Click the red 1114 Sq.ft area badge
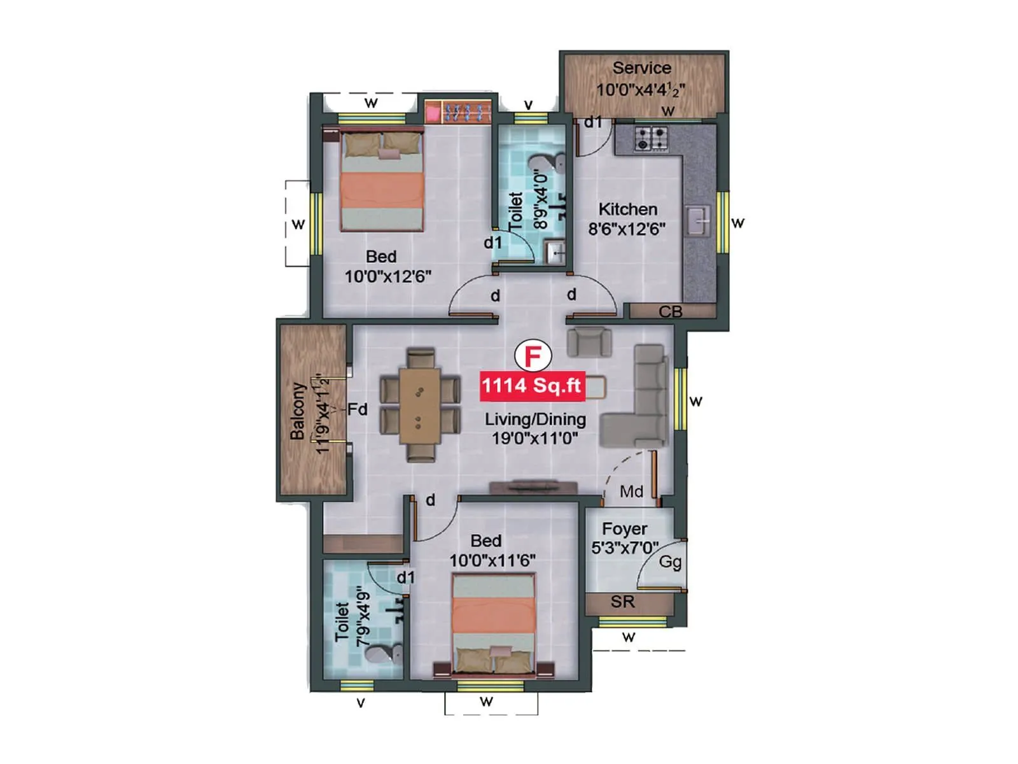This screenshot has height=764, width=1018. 532,386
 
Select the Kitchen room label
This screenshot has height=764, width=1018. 627,209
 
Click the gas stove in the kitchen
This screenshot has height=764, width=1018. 652,139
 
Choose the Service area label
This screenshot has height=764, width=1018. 641,68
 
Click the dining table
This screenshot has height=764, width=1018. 419,405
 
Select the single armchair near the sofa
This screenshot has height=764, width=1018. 589,342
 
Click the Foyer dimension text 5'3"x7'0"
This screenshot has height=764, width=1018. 624,548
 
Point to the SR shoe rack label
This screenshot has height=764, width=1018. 622,602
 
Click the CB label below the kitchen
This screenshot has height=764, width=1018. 671,312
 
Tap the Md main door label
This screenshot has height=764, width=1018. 631,492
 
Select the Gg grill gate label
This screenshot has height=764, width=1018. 670,562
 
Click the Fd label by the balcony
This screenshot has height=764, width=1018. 357,409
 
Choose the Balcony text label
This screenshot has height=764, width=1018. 297,411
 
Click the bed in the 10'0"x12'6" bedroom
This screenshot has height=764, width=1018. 382,181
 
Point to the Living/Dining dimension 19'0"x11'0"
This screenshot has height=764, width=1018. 534,438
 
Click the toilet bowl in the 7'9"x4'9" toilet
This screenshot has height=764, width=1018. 385,653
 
